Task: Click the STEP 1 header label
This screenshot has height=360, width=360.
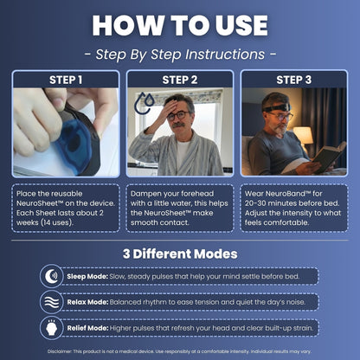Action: [66, 80]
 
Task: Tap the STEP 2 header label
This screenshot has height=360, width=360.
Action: [180, 80]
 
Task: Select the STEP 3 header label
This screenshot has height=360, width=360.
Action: [293, 80]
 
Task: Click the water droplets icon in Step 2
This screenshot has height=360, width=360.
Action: [145, 103]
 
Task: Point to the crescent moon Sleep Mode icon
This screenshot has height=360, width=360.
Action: [51, 276]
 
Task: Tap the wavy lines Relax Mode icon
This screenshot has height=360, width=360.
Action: [51, 302]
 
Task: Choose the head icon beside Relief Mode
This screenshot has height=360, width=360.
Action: [51, 328]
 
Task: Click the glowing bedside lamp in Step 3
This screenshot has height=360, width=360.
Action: [303, 136]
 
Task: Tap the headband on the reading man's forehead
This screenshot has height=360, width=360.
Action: [277, 108]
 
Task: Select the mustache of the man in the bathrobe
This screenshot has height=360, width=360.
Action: [178, 125]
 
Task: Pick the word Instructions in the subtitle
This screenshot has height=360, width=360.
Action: [225, 55]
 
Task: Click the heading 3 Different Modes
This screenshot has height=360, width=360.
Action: [180, 254]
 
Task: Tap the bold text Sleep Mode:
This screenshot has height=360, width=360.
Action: [87, 276]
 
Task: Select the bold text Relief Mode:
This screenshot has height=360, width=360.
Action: [87, 328]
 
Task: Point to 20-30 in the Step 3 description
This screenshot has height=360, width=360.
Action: [255, 203]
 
